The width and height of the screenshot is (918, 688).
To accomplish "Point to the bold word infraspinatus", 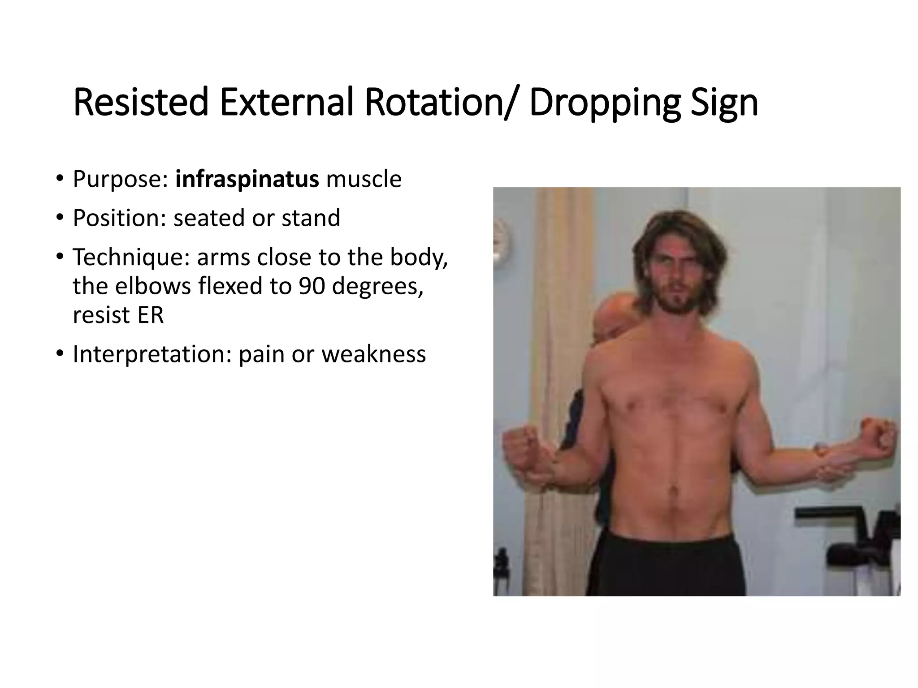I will click(247, 179).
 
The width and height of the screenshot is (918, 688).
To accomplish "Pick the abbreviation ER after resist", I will click(151, 315).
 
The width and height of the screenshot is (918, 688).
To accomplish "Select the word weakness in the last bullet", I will click(373, 354).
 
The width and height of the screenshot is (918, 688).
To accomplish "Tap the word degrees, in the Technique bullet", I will click(377, 286).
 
